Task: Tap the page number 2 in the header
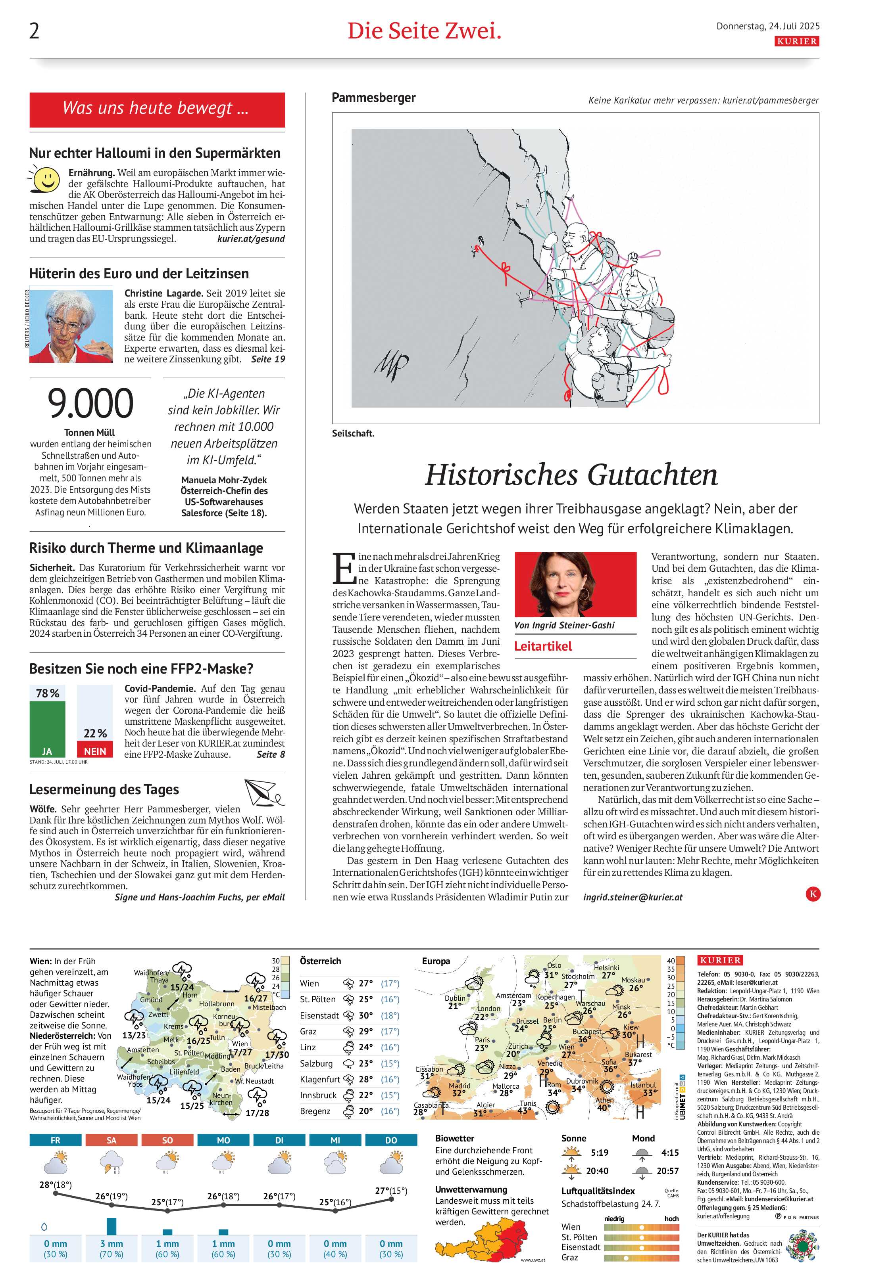pyautogui.click(x=34, y=31)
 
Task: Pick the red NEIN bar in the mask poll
pyautogui.click(x=95, y=750)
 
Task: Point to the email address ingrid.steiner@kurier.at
pyautogui.click(x=632, y=897)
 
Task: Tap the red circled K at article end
pyautogui.click(x=813, y=894)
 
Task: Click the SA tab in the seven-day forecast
pyautogui.click(x=112, y=1140)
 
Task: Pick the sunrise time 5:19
pyautogui.click(x=599, y=1153)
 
